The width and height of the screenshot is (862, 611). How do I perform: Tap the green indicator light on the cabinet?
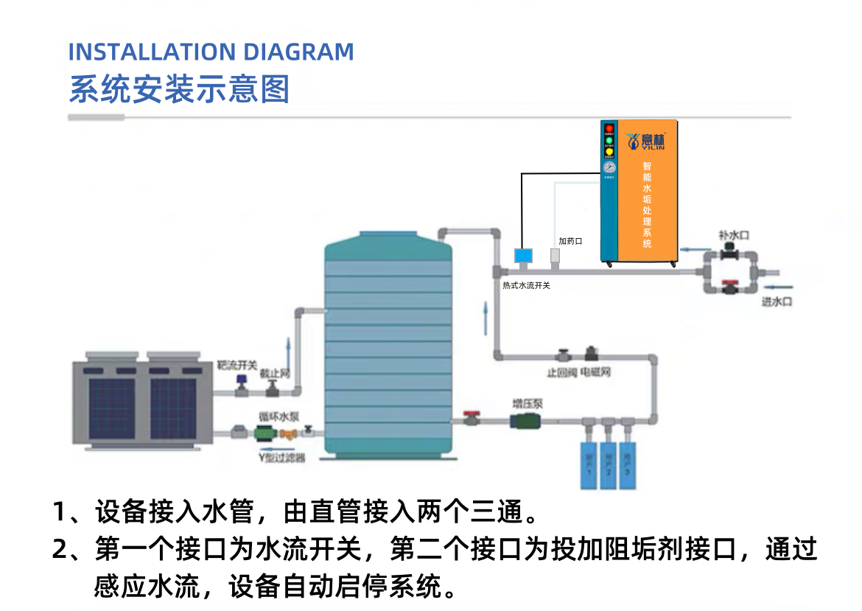(x=609, y=141)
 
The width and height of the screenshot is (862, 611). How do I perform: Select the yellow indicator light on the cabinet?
(x=609, y=153)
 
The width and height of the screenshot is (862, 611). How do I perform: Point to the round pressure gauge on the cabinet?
(x=609, y=168)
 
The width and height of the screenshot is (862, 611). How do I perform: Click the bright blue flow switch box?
(x=522, y=256)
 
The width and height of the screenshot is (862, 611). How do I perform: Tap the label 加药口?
(x=570, y=241)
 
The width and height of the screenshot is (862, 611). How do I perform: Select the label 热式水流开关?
(x=526, y=285)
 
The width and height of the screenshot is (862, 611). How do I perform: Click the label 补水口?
(x=734, y=235)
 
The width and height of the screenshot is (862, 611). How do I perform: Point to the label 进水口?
(x=777, y=302)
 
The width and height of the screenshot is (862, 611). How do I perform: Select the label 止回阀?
(x=561, y=373)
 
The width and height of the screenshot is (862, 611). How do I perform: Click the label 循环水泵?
(x=278, y=416)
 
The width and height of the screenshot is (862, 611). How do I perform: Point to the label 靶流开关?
(x=236, y=365)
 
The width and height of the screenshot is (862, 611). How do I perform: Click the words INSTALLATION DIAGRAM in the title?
(x=211, y=52)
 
